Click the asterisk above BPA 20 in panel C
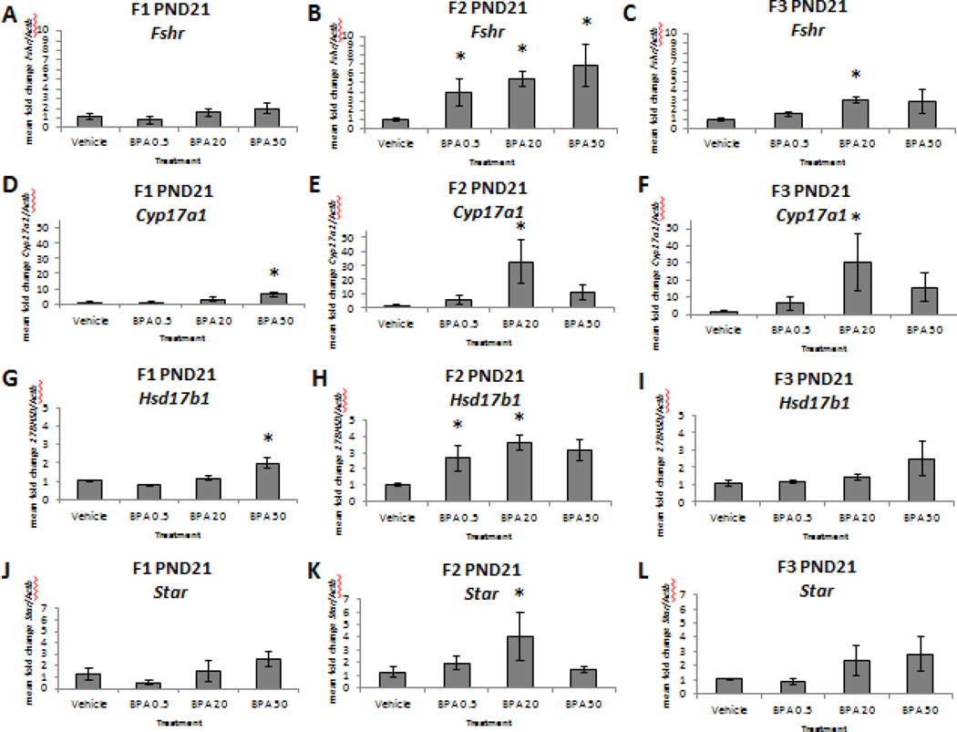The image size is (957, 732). point(830,75)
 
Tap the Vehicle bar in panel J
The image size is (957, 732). point(89,680)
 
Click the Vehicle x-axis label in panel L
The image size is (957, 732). point(722,706)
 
